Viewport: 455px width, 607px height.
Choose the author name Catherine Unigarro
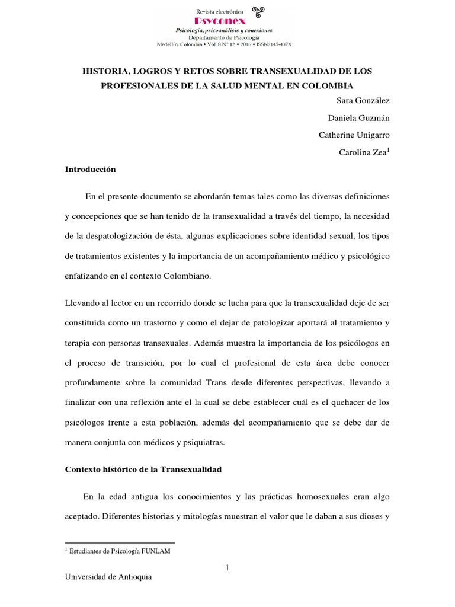click(354, 135)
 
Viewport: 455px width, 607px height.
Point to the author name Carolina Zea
click(363, 152)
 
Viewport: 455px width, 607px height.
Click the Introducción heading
click(90, 170)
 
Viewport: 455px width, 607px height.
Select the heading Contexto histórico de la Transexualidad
click(142, 469)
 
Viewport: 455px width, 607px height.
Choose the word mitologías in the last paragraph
click(201, 516)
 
